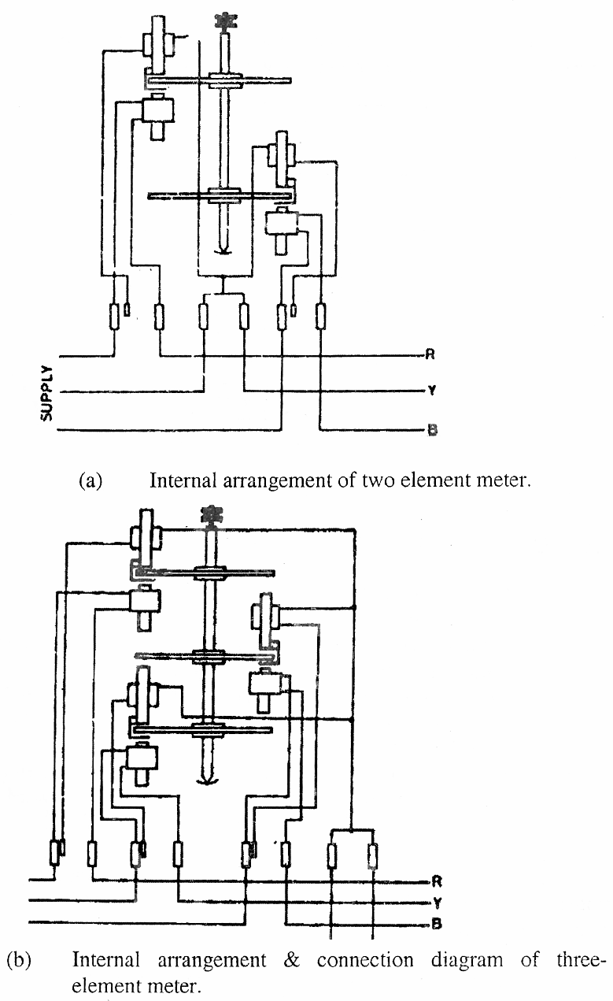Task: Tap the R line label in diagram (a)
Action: click(x=430, y=354)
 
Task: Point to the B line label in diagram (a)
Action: click(x=430, y=430)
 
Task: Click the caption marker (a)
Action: click(x=90, y=480)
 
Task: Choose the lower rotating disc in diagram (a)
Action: click(x=221, y=197)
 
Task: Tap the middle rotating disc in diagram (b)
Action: click(x=205, y=655)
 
